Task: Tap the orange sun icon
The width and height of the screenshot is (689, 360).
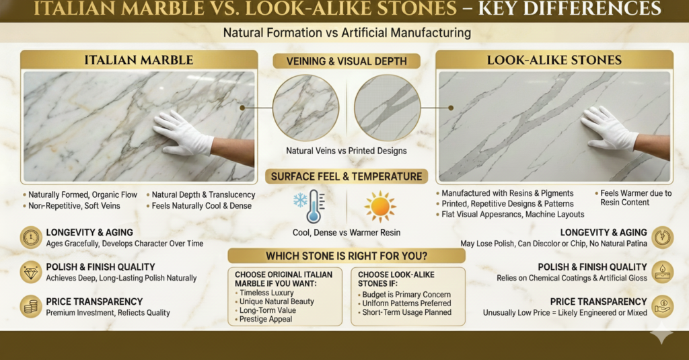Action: (380, 206)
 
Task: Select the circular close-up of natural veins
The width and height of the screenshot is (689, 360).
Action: (306, 108)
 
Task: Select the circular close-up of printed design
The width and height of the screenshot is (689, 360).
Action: (388, 108)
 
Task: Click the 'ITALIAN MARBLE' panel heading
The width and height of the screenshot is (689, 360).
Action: (139, 60)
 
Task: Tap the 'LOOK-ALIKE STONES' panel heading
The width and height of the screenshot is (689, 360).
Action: (554, 60)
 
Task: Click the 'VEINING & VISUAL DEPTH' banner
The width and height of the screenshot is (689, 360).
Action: (347, 61)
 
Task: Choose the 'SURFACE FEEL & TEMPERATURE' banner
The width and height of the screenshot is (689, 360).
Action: (347, 176)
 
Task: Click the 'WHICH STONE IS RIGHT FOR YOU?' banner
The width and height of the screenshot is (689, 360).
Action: (347, 256)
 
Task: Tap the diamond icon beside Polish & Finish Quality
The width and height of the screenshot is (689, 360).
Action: (31, 272)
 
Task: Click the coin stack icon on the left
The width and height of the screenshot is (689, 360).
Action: (31, 306)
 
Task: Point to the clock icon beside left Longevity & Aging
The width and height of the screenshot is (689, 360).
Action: (31, 238)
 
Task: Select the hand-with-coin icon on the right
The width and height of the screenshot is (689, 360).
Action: (663, 306)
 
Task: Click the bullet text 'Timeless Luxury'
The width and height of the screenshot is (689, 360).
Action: (266, 293)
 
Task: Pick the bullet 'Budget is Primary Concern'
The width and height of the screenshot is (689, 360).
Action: (406, 295)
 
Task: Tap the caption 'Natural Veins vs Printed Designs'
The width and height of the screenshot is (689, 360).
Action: (347, 151)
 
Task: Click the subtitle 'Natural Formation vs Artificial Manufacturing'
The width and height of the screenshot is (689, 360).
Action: (347, 33)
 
